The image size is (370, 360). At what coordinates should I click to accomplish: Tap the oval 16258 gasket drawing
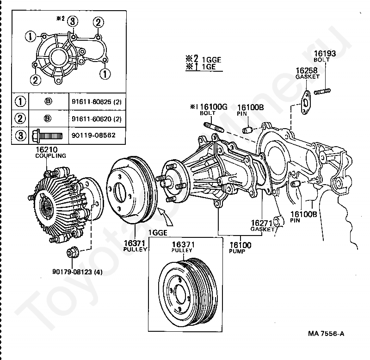[x=305, y=102]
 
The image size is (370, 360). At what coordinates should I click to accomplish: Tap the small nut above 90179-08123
[x=72, y=253]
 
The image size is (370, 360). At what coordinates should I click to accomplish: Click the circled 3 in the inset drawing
[x=73, y=21]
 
